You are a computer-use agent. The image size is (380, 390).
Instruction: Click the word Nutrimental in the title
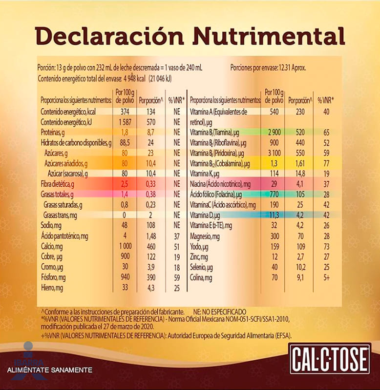pyautogui.click(x=269, y=37)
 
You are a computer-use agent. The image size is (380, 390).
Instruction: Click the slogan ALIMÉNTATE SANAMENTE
pyautogui.click(x=49, y=370)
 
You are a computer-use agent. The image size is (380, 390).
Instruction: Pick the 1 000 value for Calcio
pyautogui.click(x=125, y=246)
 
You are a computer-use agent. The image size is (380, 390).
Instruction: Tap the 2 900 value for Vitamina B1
pyautogui.click(x=274, y=132)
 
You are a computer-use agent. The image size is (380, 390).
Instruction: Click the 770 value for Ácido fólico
pyautogui.click(x=274, y=194)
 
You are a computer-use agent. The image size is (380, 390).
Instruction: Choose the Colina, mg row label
pyautogui.click(x=201, y=277)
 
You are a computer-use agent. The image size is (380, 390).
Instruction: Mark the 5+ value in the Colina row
pyautogui.click(x=326, y=277)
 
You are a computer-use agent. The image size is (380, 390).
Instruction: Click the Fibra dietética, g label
pyautogui.click(x=57, y=184)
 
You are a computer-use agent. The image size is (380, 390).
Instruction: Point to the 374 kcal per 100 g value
pyautogui.click(x=125, y=112)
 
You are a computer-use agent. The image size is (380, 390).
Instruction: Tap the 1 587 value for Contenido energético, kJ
pyautogui.click(x=125, y=122)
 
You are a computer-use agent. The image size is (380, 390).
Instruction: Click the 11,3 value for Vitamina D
pyautogui.click(x=274, y=215)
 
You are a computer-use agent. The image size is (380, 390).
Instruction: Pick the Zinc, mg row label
pyautogui.click(x=199, y=256)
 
